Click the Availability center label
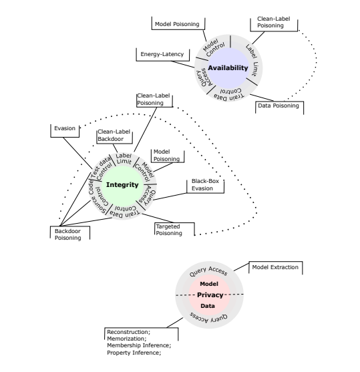228,68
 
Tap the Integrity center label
122,185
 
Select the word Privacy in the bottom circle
210,295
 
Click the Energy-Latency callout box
162,54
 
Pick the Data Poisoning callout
279,108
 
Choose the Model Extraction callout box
276,268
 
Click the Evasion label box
65,130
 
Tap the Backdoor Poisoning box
69,233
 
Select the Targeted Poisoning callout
174,229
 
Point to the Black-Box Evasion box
205,186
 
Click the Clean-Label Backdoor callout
114,136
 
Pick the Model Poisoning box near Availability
178,23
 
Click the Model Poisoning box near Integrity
168,156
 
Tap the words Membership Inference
138,345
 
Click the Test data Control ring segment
102,168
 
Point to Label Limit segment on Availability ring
252,61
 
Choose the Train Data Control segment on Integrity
125,212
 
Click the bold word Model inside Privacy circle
209,284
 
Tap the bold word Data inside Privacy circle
208,306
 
